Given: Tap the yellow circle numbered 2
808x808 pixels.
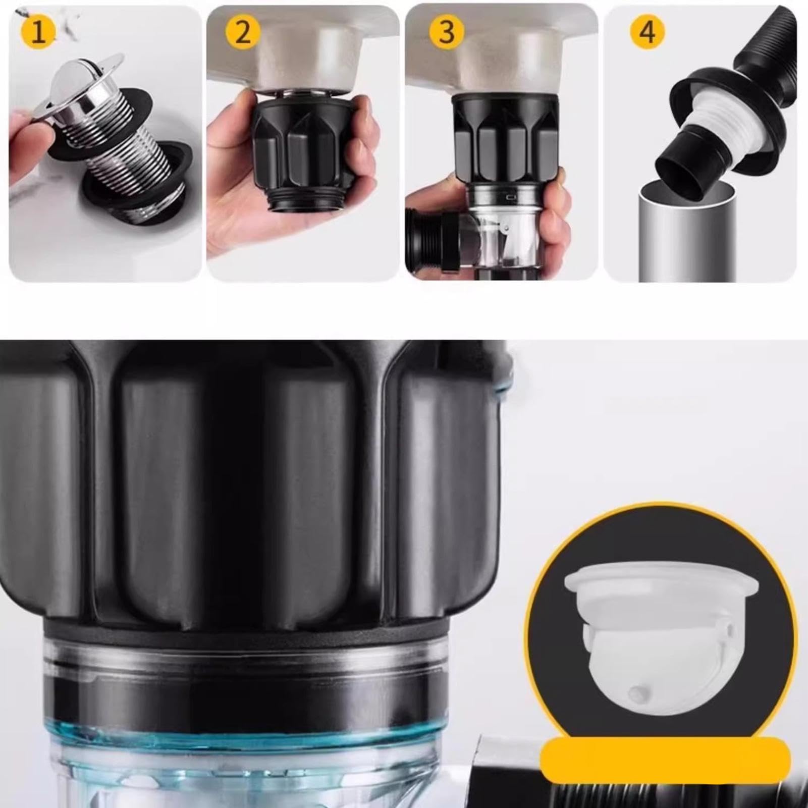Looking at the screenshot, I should [243, 32].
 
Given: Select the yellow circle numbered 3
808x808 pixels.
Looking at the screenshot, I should [447, 32].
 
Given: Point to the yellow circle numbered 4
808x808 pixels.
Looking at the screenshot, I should [648, 32].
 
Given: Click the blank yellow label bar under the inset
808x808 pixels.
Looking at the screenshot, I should [661, 760].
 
